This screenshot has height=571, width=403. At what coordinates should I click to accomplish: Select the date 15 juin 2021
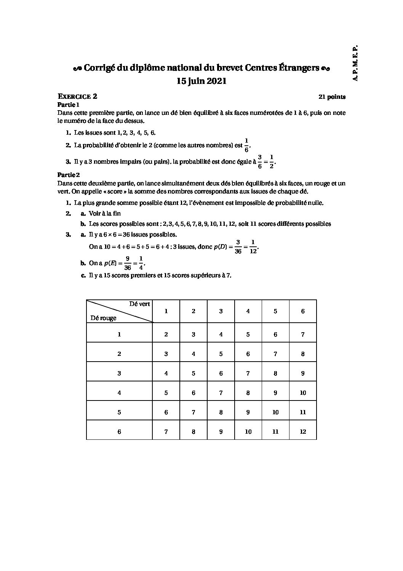[201, 81]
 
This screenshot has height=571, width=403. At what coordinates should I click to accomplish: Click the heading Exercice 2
[77, 97]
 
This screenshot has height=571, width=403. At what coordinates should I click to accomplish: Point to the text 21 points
[332, 97]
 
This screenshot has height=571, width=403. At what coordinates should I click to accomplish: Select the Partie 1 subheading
[69, 105]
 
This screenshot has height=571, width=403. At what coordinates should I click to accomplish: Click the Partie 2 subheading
[69, 175]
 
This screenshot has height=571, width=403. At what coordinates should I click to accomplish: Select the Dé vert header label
[139, 304]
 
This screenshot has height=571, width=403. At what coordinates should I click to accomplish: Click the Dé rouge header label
[103, 318]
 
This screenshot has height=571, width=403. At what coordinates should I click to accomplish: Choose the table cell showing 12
[303, 431]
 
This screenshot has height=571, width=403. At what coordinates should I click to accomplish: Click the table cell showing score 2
[166, 335]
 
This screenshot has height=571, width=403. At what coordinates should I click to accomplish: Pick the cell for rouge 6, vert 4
[248, 431]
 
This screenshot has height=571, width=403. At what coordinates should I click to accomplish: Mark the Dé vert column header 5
[275, 311]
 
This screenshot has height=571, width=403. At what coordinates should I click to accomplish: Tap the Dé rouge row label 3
[119, 373]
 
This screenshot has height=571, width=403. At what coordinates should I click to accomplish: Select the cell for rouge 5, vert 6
[303, 412]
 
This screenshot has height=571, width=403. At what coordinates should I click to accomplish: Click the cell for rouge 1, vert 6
[303, 335]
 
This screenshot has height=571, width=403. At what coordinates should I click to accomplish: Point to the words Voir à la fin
[105, 214]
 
